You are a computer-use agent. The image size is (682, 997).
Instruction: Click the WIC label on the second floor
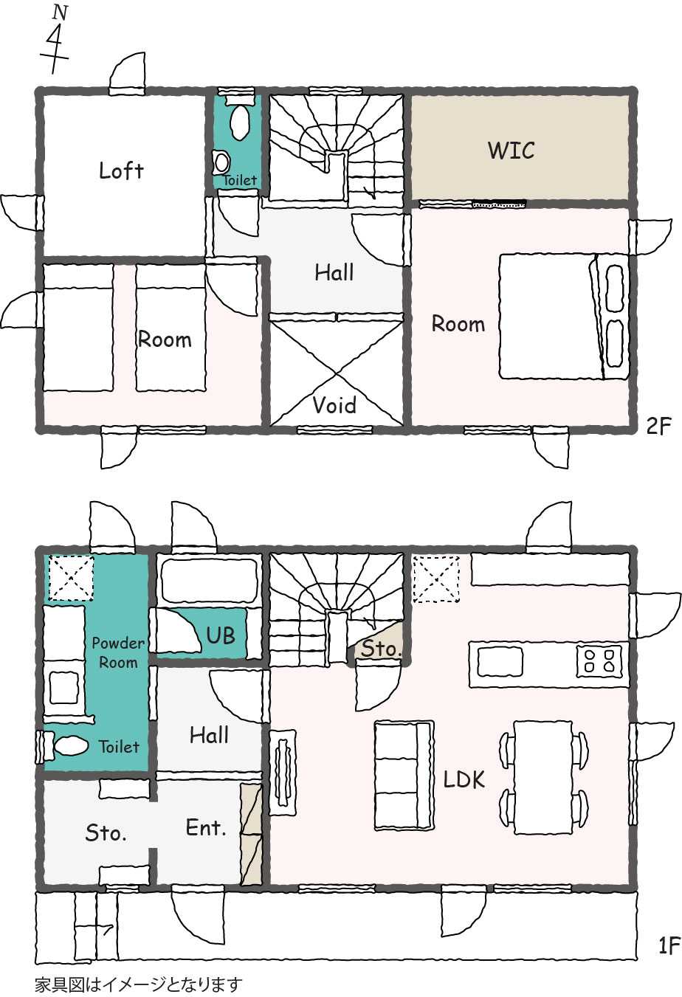(x=511, y=151)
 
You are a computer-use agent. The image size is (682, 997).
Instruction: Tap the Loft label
(x=121, y=170)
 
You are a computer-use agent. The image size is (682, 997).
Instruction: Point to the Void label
(x=334, y=405)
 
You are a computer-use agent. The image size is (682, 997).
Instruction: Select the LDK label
(x=464, y=779)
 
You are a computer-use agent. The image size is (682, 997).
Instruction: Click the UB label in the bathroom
(x=221, y=635)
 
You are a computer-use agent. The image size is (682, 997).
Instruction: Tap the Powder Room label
(x=118, y=652)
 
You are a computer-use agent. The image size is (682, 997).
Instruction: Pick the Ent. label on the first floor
(x=206, y=827)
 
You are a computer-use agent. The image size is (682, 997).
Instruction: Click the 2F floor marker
(x=658, y=427)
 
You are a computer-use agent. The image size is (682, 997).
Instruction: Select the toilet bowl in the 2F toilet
(x=241, y=122)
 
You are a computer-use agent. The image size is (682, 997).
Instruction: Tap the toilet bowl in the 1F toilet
(x=72, y=745)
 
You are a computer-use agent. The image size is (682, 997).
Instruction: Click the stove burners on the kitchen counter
(x=599, y=661)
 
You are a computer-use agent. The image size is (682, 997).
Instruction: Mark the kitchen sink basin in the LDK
(x=500, y=661)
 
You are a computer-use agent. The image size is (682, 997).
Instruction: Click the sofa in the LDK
(x=404, y=775)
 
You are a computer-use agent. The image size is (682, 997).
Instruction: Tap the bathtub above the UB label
(x=209, y=580)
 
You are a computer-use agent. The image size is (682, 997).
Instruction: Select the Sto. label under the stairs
(x=382, y=649)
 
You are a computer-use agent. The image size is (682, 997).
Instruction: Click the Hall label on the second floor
(x=334, y=272)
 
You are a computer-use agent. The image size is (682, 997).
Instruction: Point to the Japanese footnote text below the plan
(x=139, y=984)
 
